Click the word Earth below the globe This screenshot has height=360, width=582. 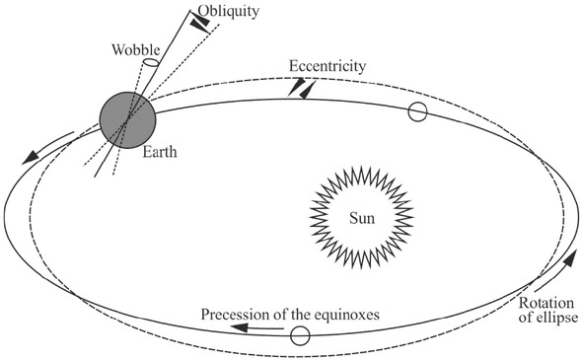point(161,152)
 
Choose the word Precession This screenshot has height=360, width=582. point(241,315)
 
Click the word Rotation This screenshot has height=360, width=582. point(544,302)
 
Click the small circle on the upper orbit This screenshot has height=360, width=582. point(417,112)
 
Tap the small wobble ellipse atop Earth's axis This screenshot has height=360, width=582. point(150,64)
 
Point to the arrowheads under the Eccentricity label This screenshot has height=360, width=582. point(302,88)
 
